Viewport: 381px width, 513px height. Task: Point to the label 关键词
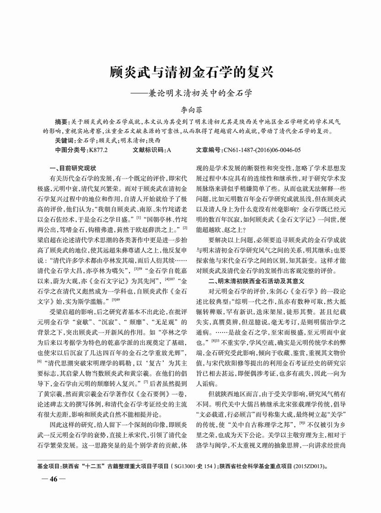click(64, 140)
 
